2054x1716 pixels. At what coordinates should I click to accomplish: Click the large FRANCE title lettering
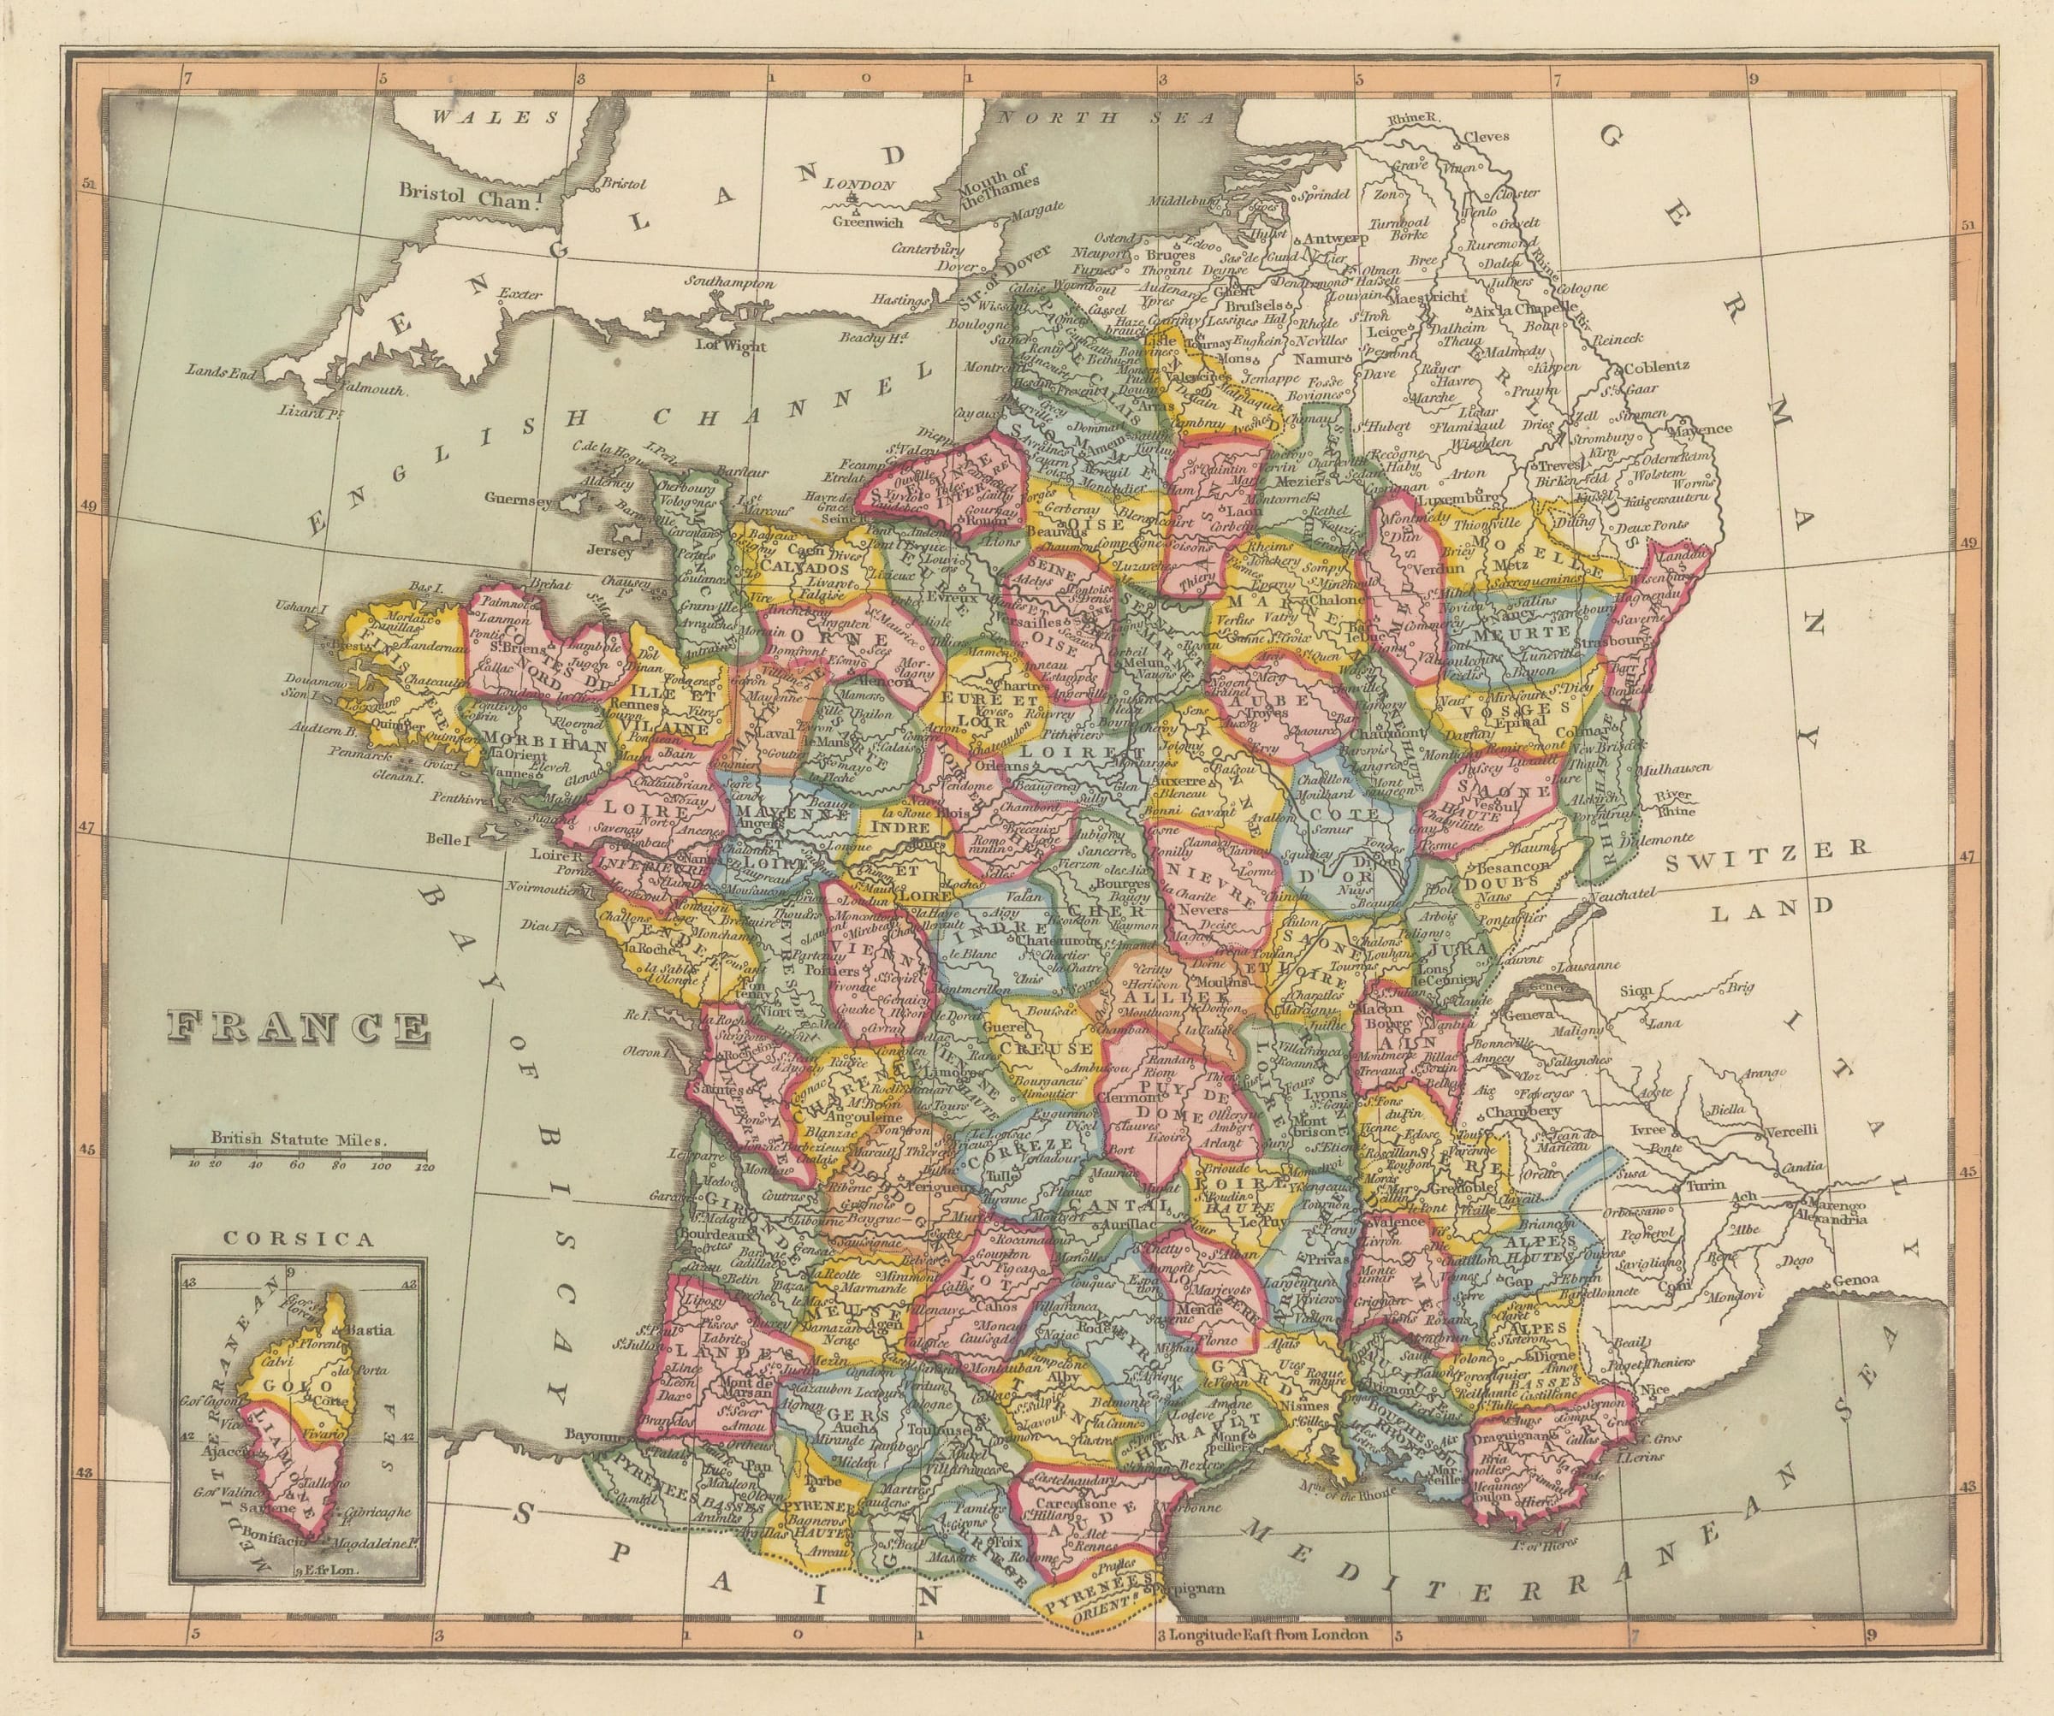[300, 1028]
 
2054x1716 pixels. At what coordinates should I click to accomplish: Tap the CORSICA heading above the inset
[299, 1239]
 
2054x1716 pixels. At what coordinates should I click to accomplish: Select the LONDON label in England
[860, 184]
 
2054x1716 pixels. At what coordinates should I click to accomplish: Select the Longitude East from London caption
[1261, 1661]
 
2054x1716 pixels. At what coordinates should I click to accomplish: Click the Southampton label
[728, 283]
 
